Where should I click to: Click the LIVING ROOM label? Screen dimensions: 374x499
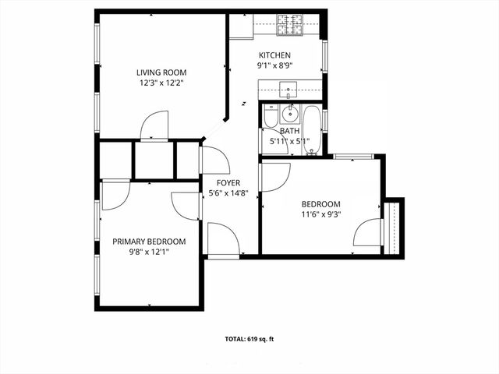coord(161,72)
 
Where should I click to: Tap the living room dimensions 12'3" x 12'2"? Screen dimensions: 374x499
coord(161,82)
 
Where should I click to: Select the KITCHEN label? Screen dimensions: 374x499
coord(274,55)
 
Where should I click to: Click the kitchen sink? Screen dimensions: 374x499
coord(288,90)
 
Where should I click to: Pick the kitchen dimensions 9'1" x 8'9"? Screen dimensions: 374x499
coord(274,65)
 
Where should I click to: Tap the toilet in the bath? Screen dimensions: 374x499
coord(271,118)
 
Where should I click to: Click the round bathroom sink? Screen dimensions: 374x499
coord(290,115)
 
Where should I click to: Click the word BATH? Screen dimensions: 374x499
coord(289,132)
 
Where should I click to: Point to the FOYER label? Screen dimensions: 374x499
coord(228,183)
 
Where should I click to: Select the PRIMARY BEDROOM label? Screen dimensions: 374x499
coord(149,242)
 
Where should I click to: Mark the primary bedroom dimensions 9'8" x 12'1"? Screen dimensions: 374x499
coord(149,252)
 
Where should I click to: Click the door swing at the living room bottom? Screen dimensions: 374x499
coord(154,125)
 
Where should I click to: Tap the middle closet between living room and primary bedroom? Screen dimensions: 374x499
coord(153,160)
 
